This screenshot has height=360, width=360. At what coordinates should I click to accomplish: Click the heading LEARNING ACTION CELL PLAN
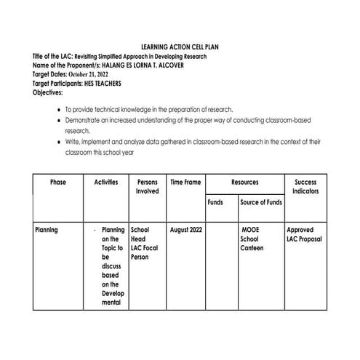click(x=180, y=47)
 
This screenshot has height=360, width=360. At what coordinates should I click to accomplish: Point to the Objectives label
click(x=48, y=92)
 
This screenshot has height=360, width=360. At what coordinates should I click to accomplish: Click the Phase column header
click(x=58, y=182)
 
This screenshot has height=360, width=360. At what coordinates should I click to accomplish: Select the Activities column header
click(x=106, y=182)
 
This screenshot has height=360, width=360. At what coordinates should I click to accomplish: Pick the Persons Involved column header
click(x=147, y=186)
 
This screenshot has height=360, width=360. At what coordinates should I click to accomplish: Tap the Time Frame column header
click(x=185, y=182)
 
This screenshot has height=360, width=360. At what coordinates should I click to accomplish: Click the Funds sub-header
click(x=215, y=202)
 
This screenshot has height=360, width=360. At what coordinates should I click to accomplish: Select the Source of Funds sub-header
click(x=261, y=202)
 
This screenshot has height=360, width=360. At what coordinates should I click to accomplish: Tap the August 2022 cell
click(x=185, y=230)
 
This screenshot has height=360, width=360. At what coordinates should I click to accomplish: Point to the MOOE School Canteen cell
click(x=252, y=239)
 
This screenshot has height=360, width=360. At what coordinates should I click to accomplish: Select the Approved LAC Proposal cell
click(x=305, y=234)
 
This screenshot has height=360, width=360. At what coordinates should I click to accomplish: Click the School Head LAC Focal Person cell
click(x=145, y=243)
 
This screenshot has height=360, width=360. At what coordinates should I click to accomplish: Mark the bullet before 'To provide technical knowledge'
click(x=58, y=108)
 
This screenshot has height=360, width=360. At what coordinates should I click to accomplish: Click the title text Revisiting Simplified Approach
click(x=141, y=56)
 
